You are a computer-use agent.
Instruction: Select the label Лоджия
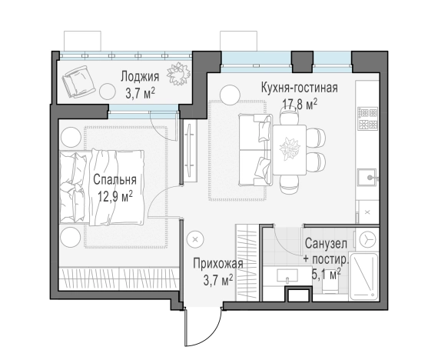pos(140,76)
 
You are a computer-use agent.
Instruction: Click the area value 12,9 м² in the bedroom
pos(115,196)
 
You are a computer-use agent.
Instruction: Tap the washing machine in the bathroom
pos(367,239)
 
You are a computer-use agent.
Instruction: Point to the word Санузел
pos(325,243)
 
